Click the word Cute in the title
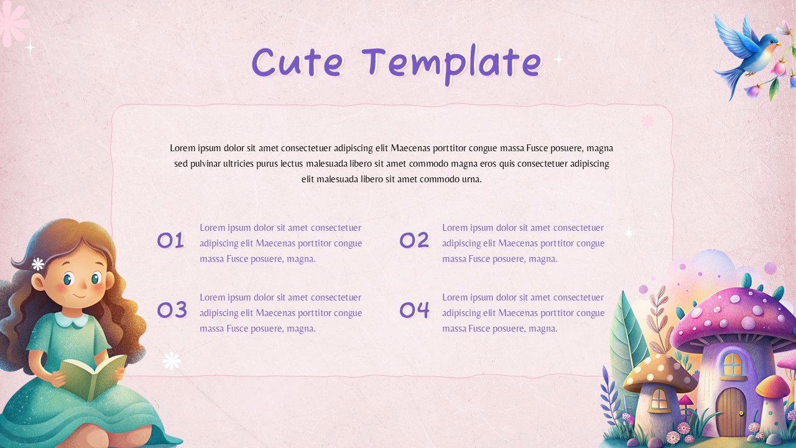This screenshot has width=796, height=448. tap(297, 62)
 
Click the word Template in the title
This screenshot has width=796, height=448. tap(452, 63)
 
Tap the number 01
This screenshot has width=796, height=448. tap(170, 240)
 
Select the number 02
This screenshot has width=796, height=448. tap(414, 240)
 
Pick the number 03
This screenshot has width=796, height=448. tap(172, 309)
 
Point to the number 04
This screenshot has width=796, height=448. tap(414, 309)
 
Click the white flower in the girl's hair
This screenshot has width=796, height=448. tap(38, 264)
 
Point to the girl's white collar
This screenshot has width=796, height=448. tap(72, 320)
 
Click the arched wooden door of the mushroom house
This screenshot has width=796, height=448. tap(731, 411)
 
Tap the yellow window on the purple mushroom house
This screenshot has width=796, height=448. tap(733, 364)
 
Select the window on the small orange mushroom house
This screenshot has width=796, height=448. tap(659, 399)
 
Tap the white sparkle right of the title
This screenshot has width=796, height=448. tap(558, 59)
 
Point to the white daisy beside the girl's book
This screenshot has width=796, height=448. tap(172, 360)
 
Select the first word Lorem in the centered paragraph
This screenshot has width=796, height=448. tap(183, 148)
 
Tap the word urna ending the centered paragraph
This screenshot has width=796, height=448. tap(471, 179)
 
